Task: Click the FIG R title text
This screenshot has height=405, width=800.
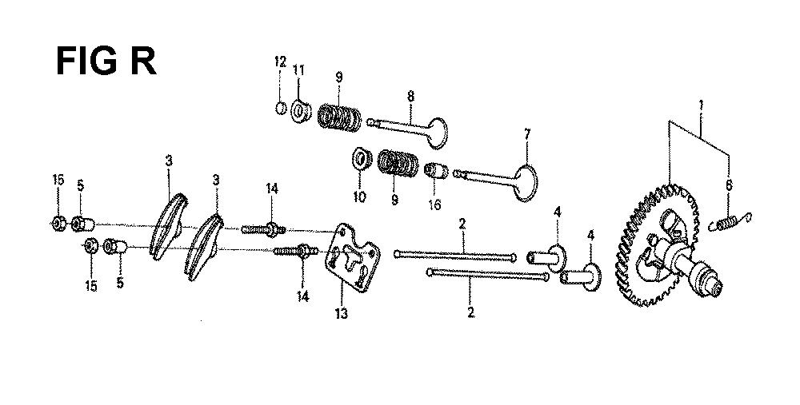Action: [106, 62]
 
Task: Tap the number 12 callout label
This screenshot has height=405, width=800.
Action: [280, 62]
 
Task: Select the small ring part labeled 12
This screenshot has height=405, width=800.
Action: [281, 108]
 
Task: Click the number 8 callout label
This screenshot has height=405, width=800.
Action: [410, 96]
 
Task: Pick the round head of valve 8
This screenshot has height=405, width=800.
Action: [438, 133]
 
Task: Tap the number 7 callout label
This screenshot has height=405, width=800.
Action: [527, 135]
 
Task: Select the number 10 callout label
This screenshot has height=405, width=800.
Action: [360, 197]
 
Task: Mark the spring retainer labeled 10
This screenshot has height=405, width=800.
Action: [362, 159]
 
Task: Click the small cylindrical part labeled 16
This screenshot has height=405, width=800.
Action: [436, 171]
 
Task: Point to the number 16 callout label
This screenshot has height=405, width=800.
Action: [435, 204]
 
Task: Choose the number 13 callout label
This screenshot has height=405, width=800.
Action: [341, 313]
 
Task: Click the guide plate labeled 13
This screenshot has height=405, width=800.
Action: [353, 258]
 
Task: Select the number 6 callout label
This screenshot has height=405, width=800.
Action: [729, 185]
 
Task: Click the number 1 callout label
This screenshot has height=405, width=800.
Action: [701, 107]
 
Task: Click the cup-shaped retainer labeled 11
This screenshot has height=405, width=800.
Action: [302, 112]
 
